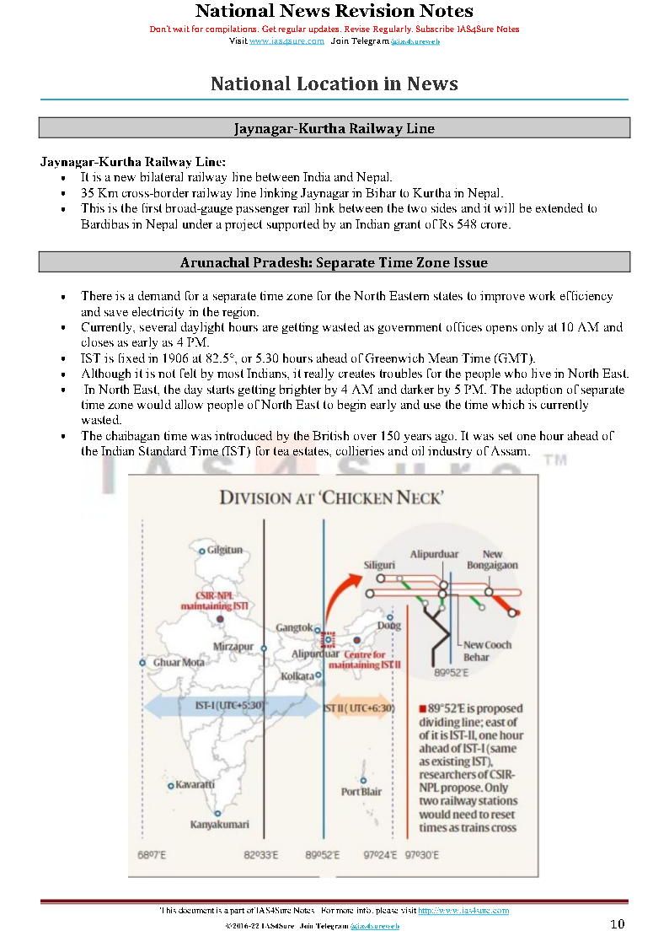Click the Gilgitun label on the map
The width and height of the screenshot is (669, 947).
[225, 550]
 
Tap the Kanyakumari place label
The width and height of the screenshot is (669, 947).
[219, 824]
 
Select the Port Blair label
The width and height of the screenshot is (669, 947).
[361, 792]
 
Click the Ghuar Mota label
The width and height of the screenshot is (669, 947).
[178, 663]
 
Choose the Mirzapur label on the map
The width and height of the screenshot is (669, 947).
[233, 646]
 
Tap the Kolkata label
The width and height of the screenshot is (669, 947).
[297, 675]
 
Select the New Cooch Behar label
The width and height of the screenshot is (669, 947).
[488, 650]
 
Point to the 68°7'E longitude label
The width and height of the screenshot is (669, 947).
[152, 855]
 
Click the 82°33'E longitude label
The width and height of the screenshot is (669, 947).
[261, 855]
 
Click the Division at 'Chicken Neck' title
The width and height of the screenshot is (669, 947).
[331, 498]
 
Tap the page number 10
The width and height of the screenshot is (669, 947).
[618, 924]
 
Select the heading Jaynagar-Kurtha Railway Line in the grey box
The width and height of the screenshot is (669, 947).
[334, 128]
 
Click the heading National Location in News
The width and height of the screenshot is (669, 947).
[334, 83]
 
